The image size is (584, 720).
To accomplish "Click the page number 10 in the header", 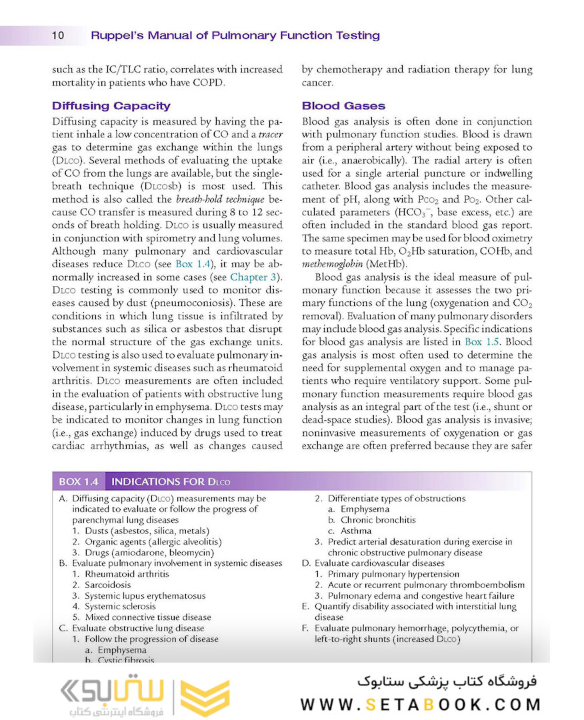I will [x=57, y=35].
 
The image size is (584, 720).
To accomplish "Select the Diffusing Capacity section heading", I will [x=111, y=106].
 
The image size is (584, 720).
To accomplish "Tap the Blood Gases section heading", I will [x=343, y=106].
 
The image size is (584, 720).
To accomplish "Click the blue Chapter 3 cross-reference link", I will [x=256, y=277].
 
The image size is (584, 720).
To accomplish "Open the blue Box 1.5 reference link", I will [x=482, y=342].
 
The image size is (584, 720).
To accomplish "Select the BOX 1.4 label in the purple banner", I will [x=79, y=481].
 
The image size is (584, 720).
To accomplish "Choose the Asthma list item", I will [x=356, y=531].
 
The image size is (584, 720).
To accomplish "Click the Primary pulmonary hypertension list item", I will [x=400, y=574].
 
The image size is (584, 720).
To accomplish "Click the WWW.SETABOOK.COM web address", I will [x=420, y=705].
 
